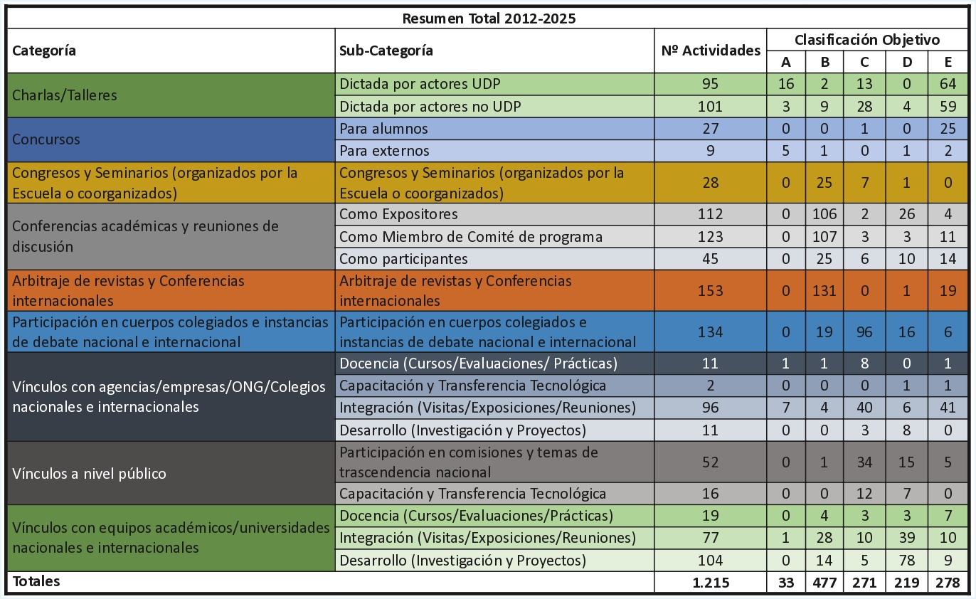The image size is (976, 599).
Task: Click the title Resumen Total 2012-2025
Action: coord(489,18)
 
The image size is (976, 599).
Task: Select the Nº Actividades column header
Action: coord(710,51)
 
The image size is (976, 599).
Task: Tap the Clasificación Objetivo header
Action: coord(866,40)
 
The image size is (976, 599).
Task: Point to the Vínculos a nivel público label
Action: coord(89,473)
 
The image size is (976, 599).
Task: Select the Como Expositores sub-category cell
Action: coord(398,214)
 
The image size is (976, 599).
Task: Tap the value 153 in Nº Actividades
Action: coord(710,290)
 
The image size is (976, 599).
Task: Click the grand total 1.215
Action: coord(710,582)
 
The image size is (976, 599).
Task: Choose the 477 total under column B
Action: coord(824,582)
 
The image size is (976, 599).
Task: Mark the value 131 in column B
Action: coord(824,290)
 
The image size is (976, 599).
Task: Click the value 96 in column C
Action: coord(864,332)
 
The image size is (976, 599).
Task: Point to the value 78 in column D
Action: coord(906,561)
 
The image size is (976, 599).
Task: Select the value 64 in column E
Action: coord(948,84)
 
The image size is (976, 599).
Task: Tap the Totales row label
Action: coord(36,581)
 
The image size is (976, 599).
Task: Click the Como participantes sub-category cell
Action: coord(403,258)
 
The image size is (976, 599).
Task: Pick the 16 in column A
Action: coord(785,84)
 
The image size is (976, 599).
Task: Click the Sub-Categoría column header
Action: coord(386,51)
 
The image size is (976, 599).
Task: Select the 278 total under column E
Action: coord(948,582)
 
